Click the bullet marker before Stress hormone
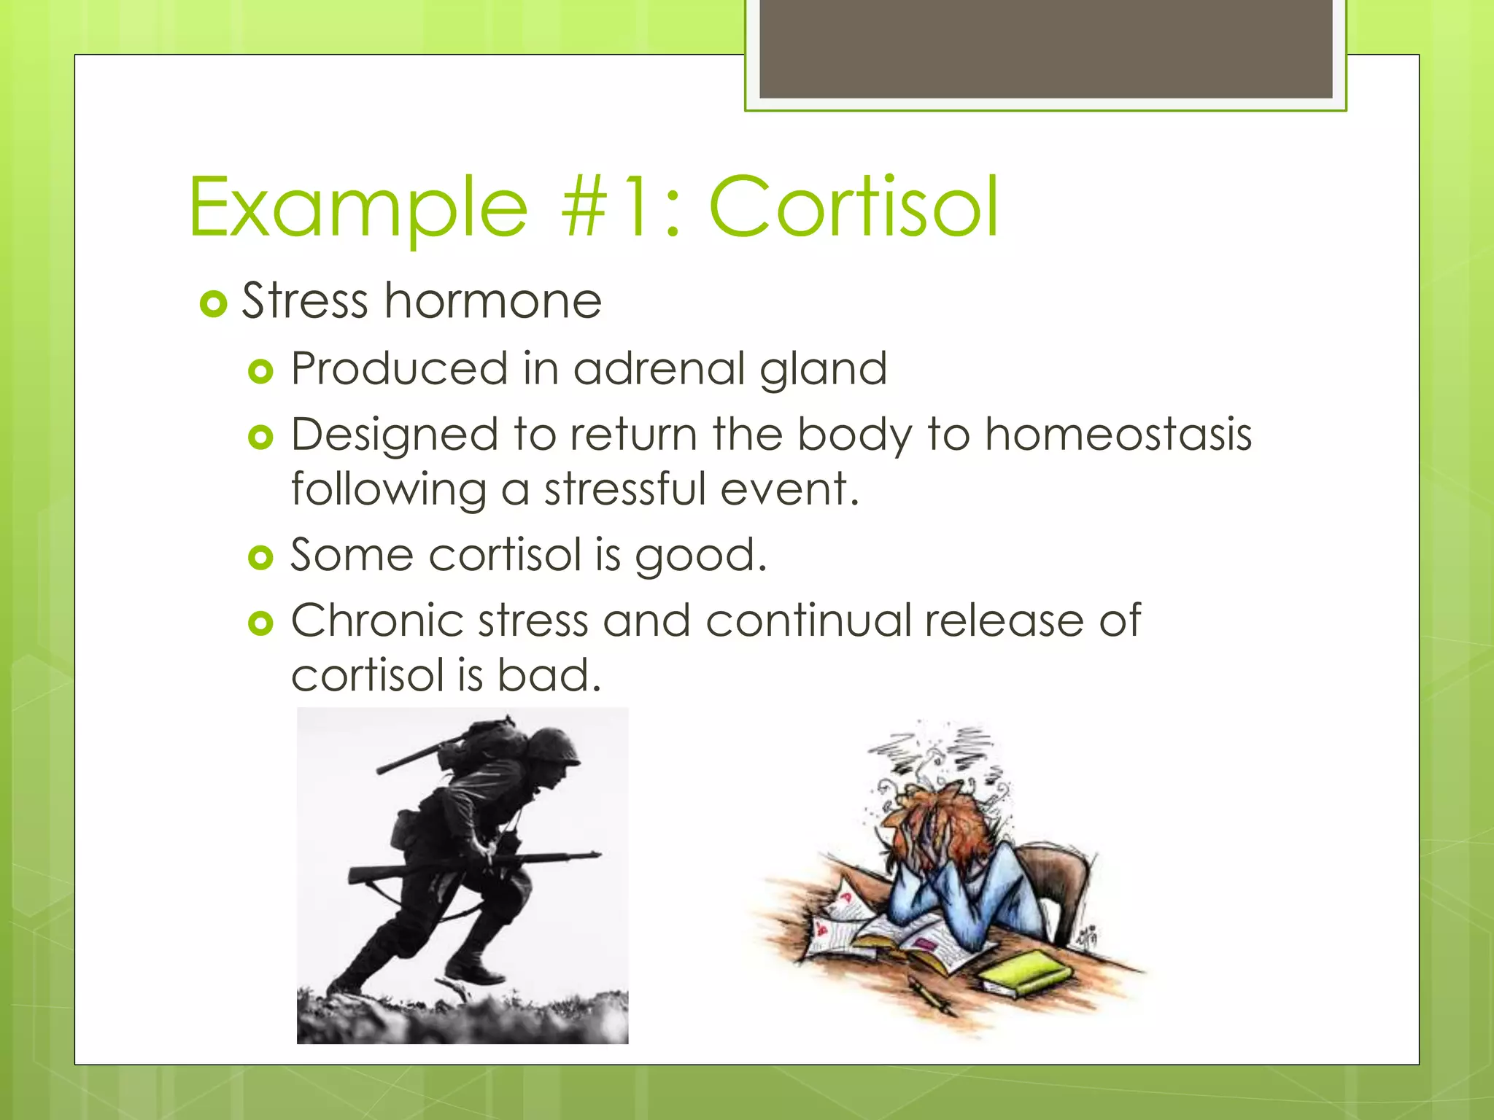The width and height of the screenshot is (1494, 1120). (x=213, y=303)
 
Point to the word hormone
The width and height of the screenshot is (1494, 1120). (x=492, y=300)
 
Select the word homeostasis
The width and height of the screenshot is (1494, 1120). (x=1118, y=435)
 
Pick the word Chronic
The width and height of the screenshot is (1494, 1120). (x=377, y=621)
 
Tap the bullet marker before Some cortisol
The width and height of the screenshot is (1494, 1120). (x=260, y=559)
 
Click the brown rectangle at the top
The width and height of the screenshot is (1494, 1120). (x=1045, y=48)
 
